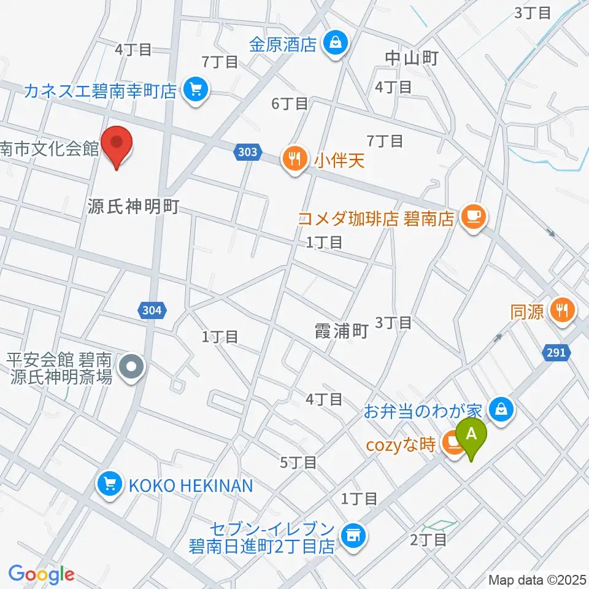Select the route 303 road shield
point(248,152)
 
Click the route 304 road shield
point(151,310)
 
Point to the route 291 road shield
point(557,353)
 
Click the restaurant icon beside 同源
point(561,309)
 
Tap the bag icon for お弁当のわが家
point(502,407)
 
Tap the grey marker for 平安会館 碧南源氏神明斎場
point(131,368)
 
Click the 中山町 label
point(412,59)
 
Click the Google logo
point(41,574)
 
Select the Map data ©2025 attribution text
point(537,579)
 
